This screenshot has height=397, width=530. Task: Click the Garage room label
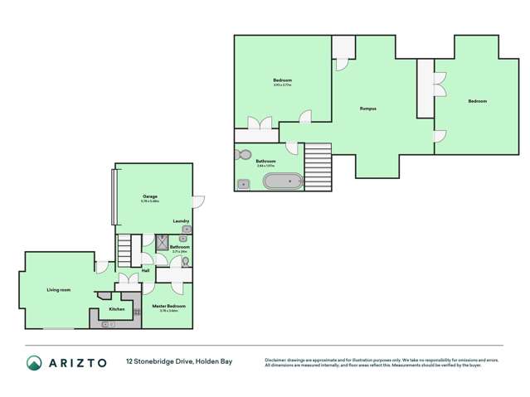(150, 196)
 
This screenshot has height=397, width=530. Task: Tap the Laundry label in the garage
(181, 221)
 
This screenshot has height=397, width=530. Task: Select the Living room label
(58, 289)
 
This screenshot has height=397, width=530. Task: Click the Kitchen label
(117, 309)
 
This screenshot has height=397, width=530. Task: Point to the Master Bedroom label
(168, 306)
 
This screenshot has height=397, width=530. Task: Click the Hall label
(145, 270)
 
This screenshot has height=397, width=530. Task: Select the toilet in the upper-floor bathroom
(243, 154)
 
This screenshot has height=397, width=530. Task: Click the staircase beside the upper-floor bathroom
(318, 161)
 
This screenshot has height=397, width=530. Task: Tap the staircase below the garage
(124, 247)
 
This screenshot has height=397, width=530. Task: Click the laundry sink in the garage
(186, 230)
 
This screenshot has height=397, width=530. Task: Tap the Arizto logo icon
(34, 362)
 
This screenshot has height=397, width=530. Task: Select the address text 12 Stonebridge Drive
(154, 362)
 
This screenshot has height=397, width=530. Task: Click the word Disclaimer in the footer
(277, 360)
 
